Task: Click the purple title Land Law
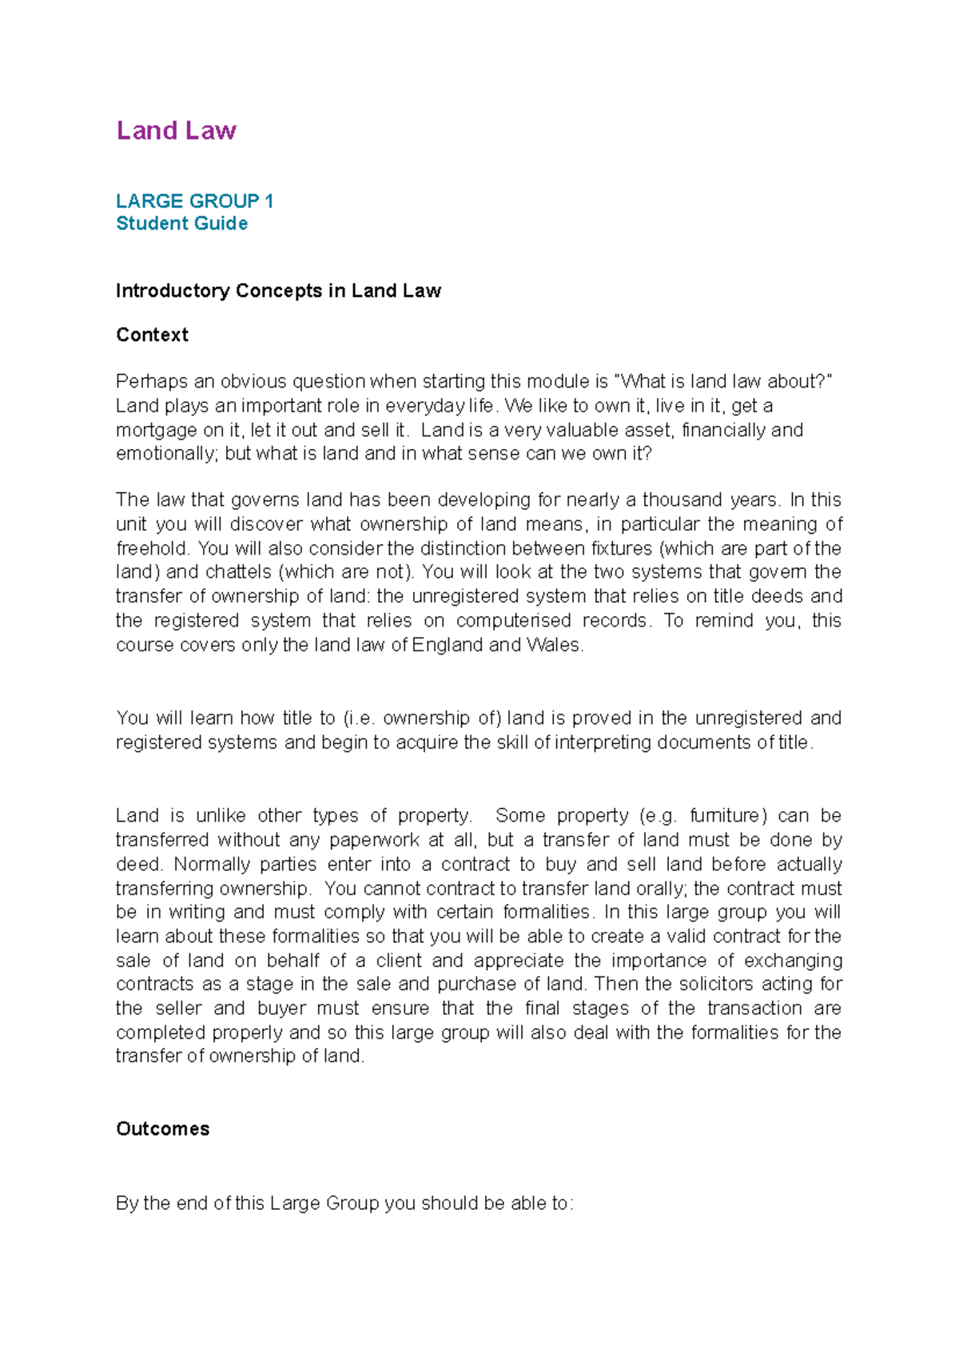click(x=176, y=130)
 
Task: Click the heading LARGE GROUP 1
click(x=194, y=201)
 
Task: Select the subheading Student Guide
click(x=181, y=224)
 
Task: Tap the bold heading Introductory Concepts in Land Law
click(x=278, y=291)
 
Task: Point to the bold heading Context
click(x=152, y=335)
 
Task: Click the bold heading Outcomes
click(x=162, y=1129)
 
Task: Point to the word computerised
click(x=513, y=621)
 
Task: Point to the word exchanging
click(x=792, y=961)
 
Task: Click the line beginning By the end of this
click(x=344, y=1204)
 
